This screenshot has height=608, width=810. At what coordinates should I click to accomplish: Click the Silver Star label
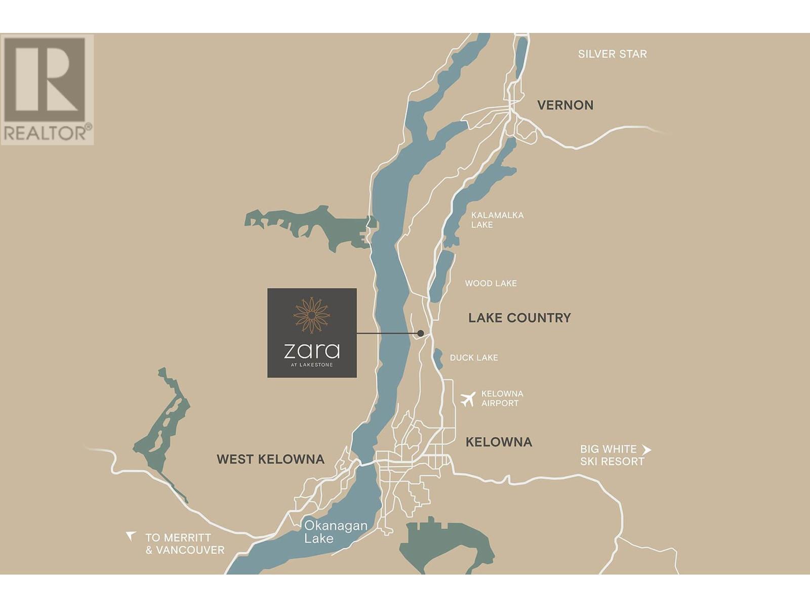click(x=612, y=54)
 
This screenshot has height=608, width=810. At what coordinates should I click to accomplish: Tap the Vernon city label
click(x=565, y=105)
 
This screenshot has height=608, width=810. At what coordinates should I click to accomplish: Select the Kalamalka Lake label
click(x=497, y=220)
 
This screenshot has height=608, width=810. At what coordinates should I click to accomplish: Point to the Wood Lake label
click(x=491, y=283)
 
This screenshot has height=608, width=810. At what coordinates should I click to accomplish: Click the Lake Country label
click(x=519, y=318)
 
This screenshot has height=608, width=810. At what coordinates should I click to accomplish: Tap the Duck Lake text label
click(x=474, y=358)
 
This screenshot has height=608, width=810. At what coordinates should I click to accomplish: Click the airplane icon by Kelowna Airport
click(x=468, y=399)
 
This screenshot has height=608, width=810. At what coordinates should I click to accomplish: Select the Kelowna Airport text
click(x=502, y=398)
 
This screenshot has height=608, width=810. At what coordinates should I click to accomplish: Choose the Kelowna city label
click(x=499, y=442)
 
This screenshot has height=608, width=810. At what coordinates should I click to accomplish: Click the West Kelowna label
click(x=270, y=459)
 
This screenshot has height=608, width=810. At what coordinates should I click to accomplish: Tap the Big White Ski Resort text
click(x=612, y=455)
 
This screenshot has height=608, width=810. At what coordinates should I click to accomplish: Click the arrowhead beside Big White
click(x=646, y=449)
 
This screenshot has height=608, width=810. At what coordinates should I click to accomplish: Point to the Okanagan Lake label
click(x=335, y=531)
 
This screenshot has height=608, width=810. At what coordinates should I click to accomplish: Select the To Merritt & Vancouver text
click(x=185, y=544)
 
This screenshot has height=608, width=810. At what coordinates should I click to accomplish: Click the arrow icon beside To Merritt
click(x=131, y=536)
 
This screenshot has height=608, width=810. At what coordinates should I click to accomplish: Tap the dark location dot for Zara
click(x=420, y=333)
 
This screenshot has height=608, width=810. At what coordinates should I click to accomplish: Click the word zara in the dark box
click(x=311, y=350)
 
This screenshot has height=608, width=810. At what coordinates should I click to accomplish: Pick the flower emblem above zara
click(x=312, y=315)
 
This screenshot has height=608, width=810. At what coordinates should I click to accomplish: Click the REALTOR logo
click(x=47, y=89)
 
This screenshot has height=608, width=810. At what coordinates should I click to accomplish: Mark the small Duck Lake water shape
click(x=438, y=359)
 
